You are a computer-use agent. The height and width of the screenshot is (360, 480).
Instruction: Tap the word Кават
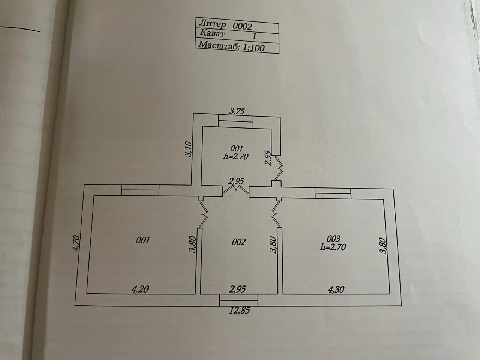click(212, 33)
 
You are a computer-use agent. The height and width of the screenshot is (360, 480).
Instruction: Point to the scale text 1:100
click(253, 48)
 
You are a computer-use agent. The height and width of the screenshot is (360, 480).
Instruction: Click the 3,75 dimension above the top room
click(237, 111)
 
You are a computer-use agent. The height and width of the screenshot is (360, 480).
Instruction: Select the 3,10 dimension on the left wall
click(188, 149)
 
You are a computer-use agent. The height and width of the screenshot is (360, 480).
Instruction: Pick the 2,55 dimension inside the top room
click(268, 158)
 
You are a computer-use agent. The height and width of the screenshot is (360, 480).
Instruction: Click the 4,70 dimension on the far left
click(76, 243)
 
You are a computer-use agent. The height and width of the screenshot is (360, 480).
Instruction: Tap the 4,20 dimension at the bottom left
click(140, 289)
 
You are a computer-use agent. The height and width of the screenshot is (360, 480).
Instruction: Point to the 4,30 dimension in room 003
click(336, 289)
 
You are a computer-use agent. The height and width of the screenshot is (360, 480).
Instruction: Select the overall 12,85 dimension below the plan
click(240, 310)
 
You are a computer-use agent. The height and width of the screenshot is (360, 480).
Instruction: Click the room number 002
click(238, 242)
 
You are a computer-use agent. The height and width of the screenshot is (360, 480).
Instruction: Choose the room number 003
click(333, 238)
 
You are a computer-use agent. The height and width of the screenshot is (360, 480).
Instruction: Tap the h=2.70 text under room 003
click(333, 247)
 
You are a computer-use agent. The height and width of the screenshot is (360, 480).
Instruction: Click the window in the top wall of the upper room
click(236, 122)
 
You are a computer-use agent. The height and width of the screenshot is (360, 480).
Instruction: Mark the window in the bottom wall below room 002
click(239, 300)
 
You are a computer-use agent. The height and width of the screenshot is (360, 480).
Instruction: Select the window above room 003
click(333, 193)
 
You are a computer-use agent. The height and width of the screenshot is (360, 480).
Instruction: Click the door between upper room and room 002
click(236, 189)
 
